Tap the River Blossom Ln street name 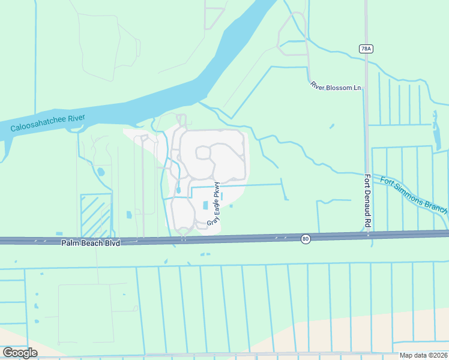(x=336, y=88)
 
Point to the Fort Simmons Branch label (x=411, y=194)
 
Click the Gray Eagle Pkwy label (x=214, y=204)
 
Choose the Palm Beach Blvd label (x=91, y=243)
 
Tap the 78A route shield (x=366, y=49)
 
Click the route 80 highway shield (x=306, y=239)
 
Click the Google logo (x=20, y=352)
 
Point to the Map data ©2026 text (x=423, y=355)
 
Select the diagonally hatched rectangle (x=96, y=215)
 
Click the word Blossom (x=339, y=88)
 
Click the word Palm (x=71, y=243)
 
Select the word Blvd (x=111, y=243)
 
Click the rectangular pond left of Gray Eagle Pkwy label (x=205, y=205)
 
